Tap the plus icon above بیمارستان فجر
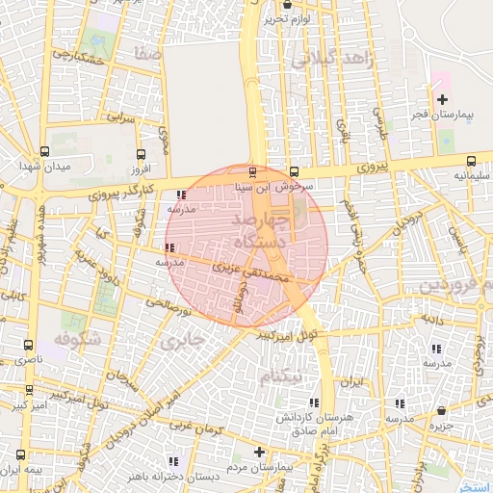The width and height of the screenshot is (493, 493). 442,99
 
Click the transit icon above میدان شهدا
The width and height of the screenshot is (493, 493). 44,151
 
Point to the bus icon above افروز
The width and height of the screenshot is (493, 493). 142,154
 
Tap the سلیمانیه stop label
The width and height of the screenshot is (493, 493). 470,176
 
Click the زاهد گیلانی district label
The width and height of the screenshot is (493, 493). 327,60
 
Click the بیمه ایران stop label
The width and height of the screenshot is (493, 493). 22,470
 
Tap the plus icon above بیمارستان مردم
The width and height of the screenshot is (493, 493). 258,452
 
